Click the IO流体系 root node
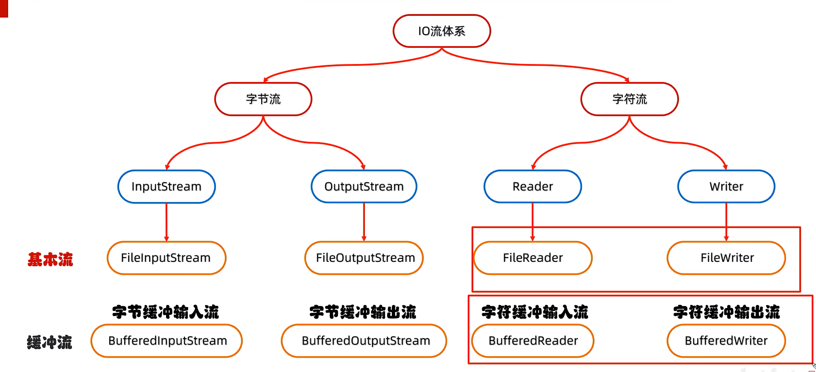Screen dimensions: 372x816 coord(442,31)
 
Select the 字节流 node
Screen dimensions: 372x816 coord(263,99)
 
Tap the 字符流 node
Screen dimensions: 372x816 coord(629,99)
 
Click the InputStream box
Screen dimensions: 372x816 coord(166,187)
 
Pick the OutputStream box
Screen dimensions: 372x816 coord(364,187)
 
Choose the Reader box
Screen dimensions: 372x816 coord(533,187)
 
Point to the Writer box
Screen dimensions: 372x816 coord(726,187)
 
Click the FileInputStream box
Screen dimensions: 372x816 coord(166,258)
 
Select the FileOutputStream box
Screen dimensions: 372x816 coord(364,258)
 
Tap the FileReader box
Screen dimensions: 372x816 coord(533,258)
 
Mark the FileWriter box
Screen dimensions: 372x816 coord(726,258)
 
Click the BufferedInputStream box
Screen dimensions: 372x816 coord(167,341)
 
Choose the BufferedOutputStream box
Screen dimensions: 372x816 coord(364,341)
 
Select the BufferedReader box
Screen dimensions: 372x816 coord(533,341)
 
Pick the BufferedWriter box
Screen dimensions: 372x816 coord(726,341)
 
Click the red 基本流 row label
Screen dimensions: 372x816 coord(50,259)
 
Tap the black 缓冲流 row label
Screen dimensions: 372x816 coord(50,342)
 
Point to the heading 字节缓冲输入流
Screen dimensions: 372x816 coord(166,312)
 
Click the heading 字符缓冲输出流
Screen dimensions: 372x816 coord(726,312)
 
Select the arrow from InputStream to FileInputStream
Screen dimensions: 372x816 coord(166,222)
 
